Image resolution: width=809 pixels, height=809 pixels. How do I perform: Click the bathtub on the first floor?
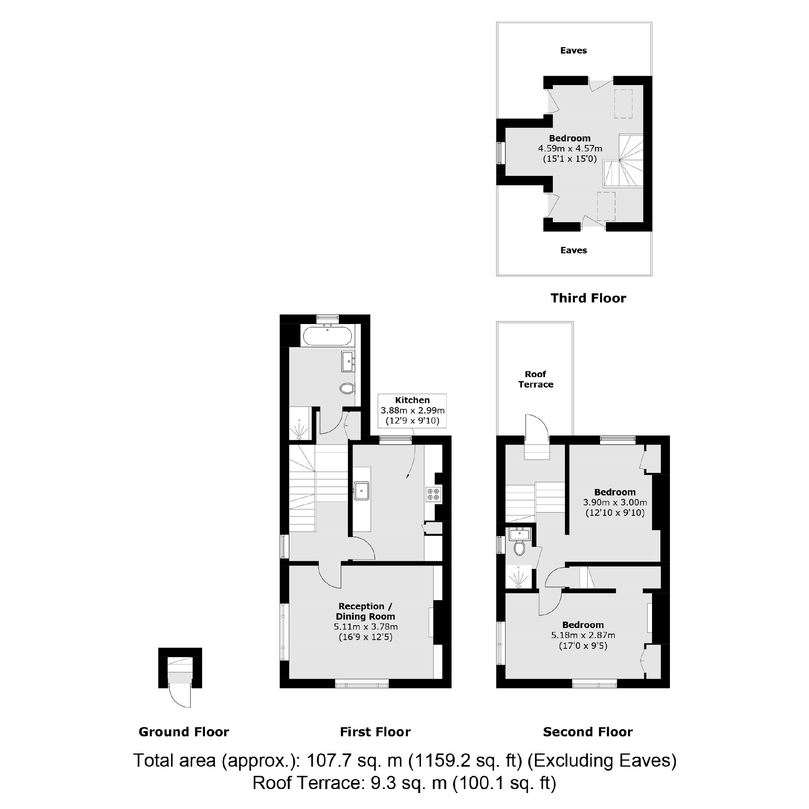327,336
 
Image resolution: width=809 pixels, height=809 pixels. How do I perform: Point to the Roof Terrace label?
536,379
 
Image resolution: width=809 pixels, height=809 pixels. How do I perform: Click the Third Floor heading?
588,298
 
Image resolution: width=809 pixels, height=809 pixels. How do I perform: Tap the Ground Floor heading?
184,732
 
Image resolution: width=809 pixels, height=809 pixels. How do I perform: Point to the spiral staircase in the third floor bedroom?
624,161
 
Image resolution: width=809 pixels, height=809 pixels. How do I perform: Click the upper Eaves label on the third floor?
573,51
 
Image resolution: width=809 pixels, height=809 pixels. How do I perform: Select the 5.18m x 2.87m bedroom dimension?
583,635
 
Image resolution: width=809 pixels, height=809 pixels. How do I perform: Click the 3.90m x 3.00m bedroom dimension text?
615,502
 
